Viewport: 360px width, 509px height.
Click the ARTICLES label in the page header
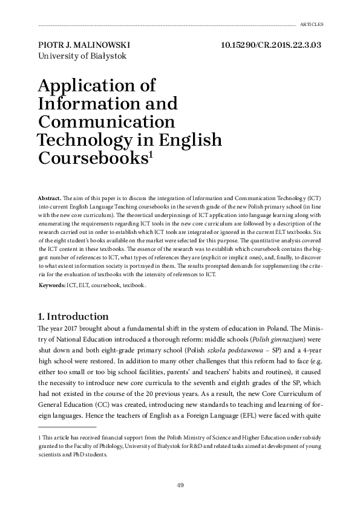click(312, 25)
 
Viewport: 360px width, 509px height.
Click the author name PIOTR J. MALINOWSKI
click(83, 45)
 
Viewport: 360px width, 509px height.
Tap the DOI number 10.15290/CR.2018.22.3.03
click(271, 45)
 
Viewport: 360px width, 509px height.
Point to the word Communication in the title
click(106, 122)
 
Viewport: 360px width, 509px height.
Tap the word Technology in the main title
click(92, 140)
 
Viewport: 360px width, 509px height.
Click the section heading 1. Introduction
click(73, 316)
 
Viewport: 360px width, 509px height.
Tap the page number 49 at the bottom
click(180, 485)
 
